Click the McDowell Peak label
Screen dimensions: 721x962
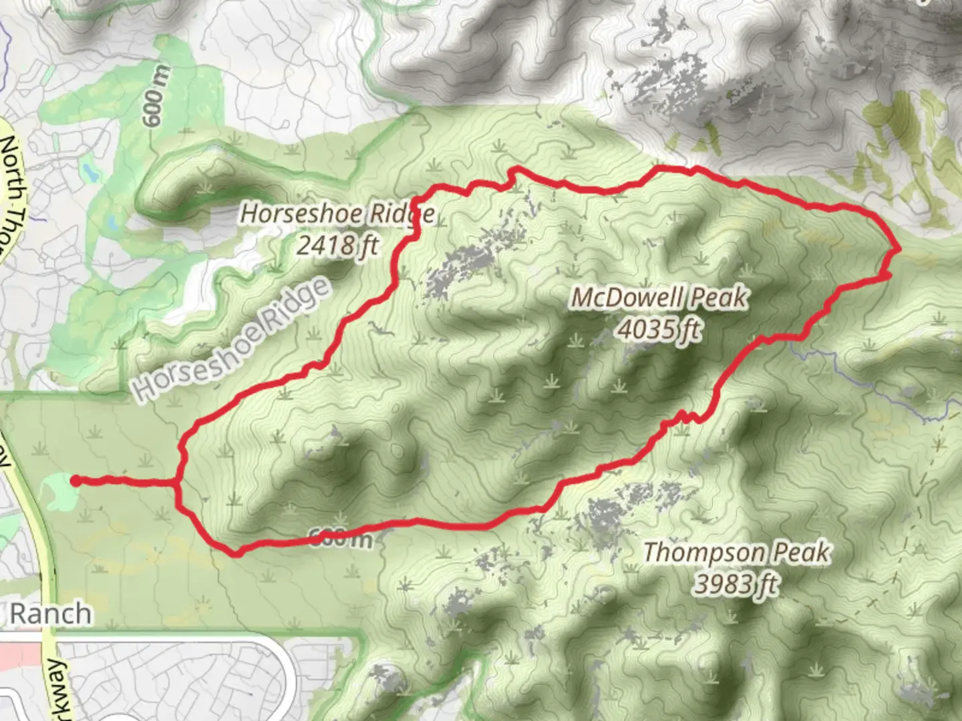pyautogui.click(x=659, y=298)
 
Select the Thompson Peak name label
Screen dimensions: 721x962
pyautogui.click(x=738, y=553)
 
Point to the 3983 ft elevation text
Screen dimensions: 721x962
pyautogui.click(x=735, y=584)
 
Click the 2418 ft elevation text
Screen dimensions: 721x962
pyautogui.click(x=337, y=246)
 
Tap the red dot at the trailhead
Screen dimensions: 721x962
pyautogui.click(x=76, y=481)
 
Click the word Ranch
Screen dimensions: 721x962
pyautogui.click(x=51, y=614)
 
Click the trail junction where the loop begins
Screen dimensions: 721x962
pyautogui.click(x=177, y=482)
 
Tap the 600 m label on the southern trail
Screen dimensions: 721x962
pyautogui.click(x=341, y=537)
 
